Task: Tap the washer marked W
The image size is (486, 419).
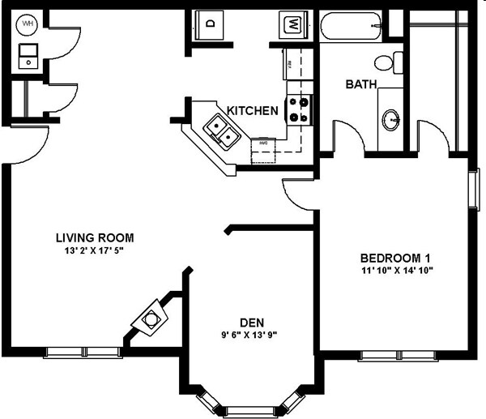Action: point(292,24)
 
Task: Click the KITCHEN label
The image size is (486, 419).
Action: point(253,111)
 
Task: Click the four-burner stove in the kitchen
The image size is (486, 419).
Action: point(300,109)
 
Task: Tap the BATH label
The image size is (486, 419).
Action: point(360,84)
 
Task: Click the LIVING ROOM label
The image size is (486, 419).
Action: point(94,238)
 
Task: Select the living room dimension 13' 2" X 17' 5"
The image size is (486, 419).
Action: point(94,251)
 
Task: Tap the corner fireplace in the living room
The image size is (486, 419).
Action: point(151,319)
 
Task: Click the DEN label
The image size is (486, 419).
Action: point(252,322)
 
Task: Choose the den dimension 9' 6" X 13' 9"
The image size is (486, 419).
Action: point(252,335)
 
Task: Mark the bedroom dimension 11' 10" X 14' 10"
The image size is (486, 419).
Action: point(397,271)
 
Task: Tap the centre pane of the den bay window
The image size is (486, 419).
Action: point(252,408)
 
